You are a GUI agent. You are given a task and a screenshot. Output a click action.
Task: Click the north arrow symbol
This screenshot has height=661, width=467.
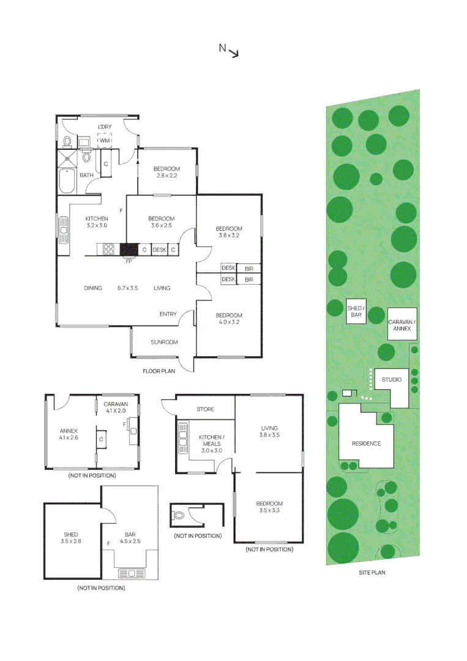(233, 53)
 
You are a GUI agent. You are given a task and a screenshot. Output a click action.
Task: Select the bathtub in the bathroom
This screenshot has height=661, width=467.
(67, 182)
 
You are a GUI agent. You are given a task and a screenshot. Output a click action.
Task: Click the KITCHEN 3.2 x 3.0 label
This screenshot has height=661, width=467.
(96, 222)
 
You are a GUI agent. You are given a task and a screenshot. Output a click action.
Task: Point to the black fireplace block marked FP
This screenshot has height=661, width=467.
(129, 249)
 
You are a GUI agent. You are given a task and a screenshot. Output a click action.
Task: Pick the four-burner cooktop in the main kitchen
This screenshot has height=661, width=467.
(108, 249)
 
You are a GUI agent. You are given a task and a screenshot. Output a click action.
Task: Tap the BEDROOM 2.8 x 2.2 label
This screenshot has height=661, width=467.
(166, 173)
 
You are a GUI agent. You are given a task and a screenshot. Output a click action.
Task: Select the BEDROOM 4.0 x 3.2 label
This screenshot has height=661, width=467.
(229, 318)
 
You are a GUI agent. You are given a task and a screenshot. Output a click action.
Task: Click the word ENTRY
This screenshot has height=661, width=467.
(168, 315)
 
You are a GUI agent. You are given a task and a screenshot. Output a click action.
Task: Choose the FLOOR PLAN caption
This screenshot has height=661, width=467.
(159, 371)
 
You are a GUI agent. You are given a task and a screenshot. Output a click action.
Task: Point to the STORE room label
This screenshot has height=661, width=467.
(206, 409)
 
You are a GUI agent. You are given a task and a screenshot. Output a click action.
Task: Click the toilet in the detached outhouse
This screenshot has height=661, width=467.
(179, 516)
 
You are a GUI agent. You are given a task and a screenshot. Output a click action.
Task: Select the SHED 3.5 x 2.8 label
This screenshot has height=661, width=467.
(71, 538)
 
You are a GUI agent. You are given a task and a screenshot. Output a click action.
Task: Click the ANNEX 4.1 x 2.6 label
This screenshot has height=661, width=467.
(69, 433)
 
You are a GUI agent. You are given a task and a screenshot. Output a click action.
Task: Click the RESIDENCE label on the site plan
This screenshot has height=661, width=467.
(366, 444)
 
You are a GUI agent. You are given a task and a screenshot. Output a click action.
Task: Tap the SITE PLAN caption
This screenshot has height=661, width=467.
(372, 573)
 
